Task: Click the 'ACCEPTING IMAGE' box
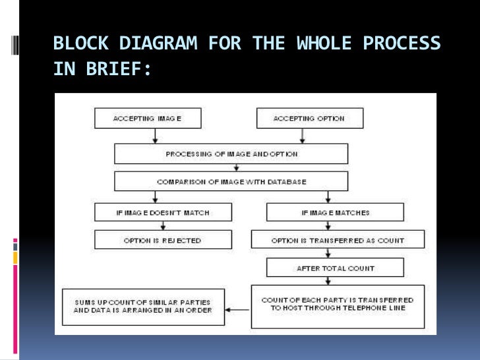[148, 118]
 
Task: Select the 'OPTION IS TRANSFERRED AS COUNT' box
[338, 240]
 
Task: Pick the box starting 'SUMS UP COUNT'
[143, 306]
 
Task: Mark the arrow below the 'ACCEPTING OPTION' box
[302, 136]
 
